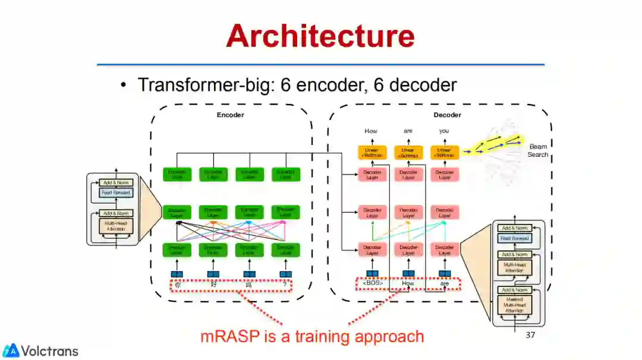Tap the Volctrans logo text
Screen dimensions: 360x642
(49, 350)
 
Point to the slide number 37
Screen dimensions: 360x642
(530, 335)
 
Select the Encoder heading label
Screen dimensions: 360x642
(230, 115)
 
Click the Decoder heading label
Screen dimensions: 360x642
(447, 115)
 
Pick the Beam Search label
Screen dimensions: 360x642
(538, 150)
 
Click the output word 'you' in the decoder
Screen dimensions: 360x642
(443, 131)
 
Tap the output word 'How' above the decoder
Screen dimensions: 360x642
(371, 131)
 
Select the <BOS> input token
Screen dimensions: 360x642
(372, 283)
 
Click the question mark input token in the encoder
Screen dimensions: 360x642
(285, 284)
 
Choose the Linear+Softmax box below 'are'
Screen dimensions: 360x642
(408, 153)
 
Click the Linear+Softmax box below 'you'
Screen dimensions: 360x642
(444, 153)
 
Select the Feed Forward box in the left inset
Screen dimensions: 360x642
(116, 193)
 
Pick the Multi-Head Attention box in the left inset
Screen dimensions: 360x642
(116, 226)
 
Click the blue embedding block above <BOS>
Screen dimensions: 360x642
(372, 273)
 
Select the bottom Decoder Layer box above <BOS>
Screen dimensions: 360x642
(372, 250)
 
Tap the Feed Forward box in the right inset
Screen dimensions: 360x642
(514, 238)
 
